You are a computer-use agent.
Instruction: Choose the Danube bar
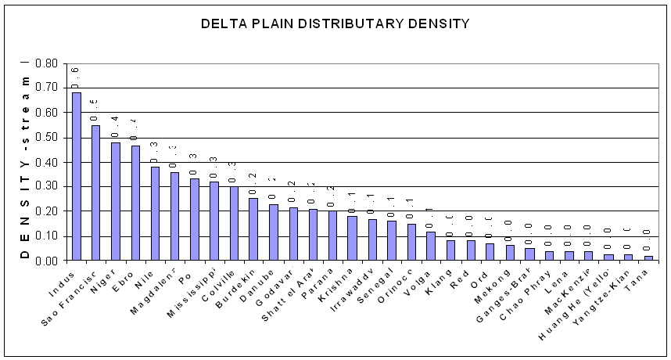(x=273, y=232)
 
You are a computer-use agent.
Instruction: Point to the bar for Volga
(x=431, y=246)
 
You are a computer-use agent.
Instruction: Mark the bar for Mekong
(x=510, y=253)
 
